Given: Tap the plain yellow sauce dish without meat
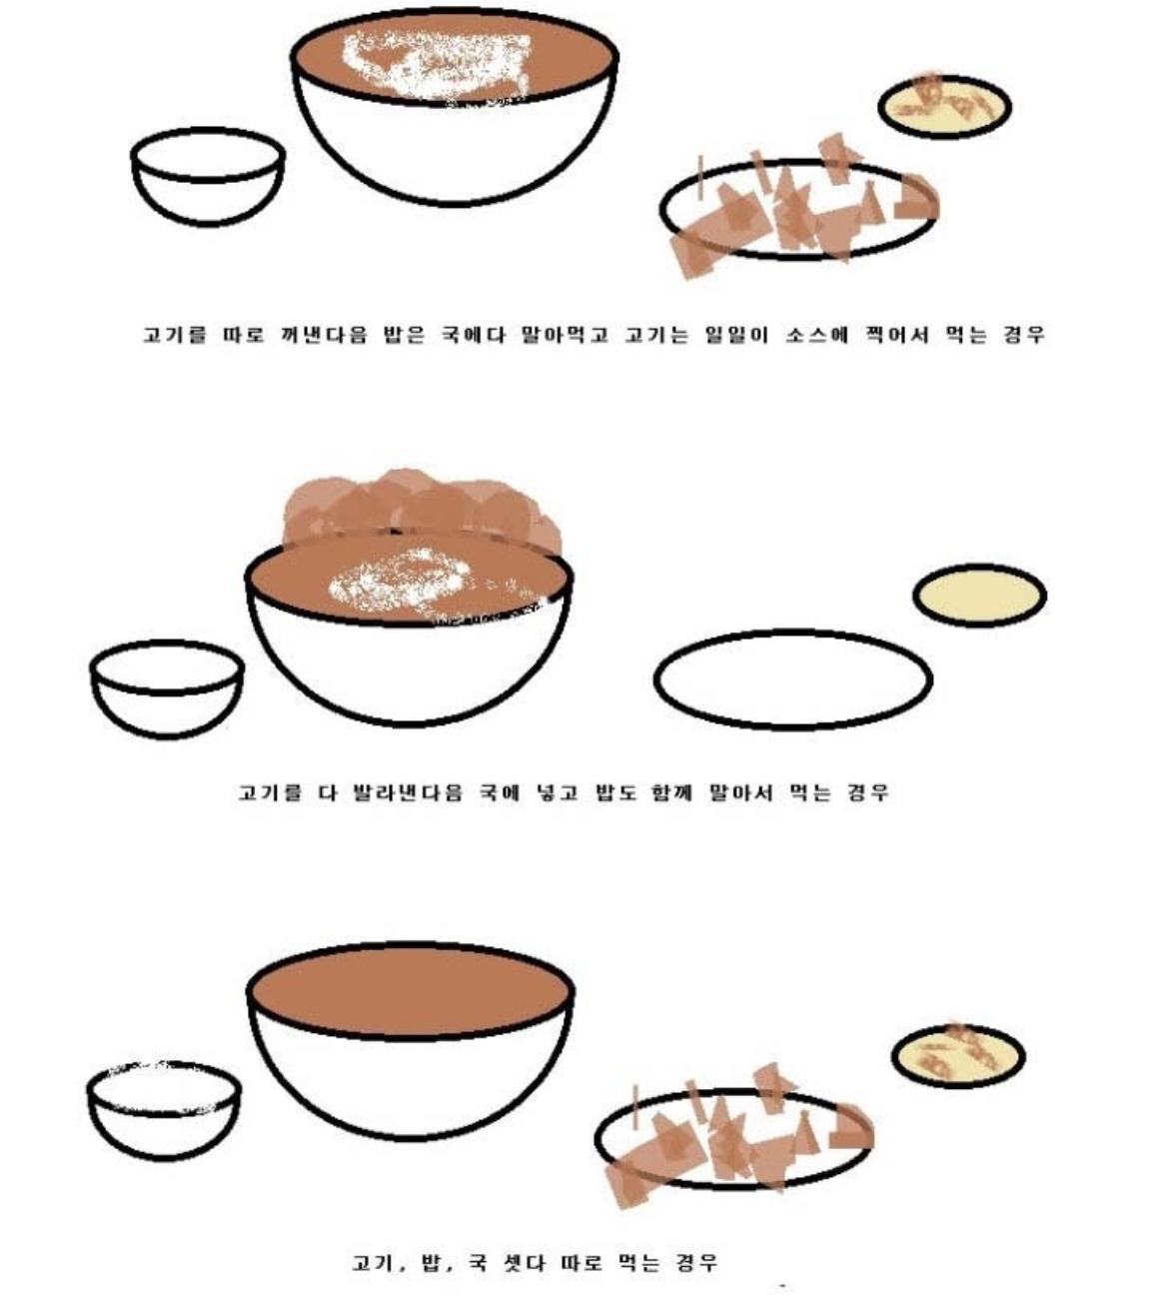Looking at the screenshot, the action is (979, 595).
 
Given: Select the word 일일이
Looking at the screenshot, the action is (736, 335).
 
